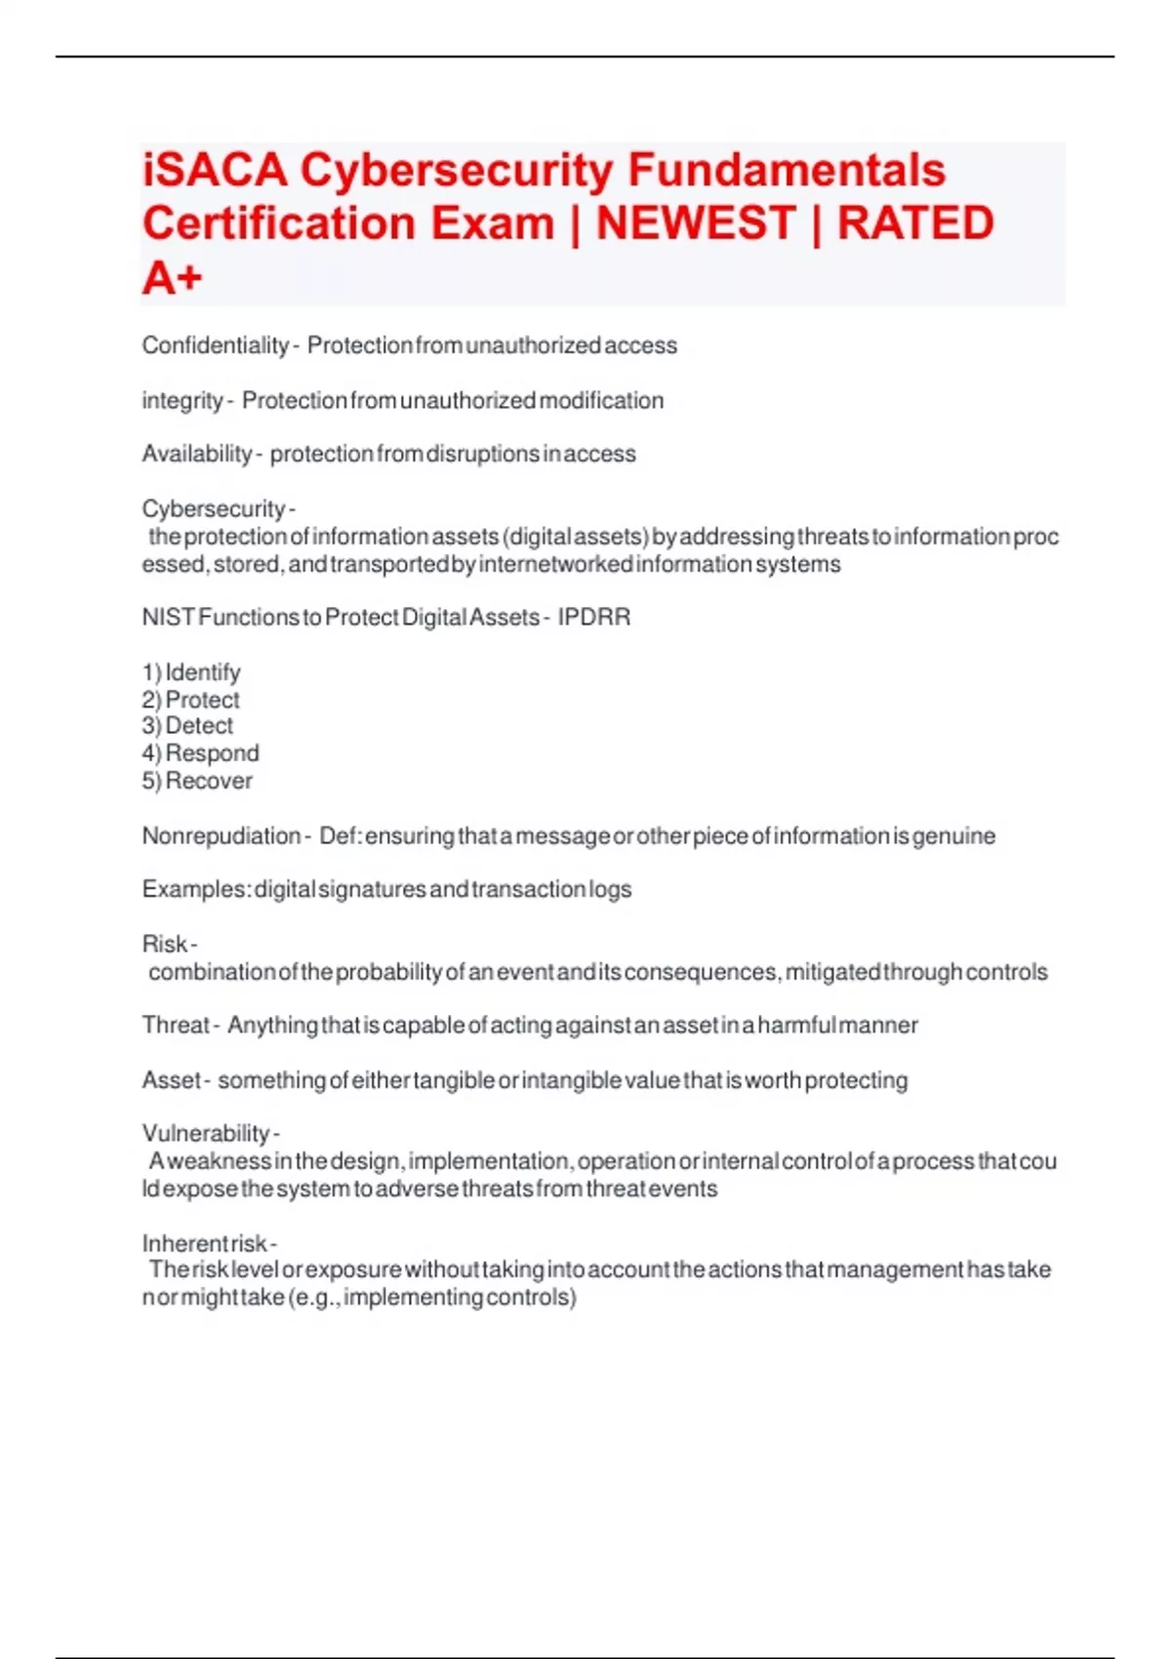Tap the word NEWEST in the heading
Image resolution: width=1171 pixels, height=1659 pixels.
(696, 223)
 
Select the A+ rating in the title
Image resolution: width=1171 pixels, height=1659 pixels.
(173, 278)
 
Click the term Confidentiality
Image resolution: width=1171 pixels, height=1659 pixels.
(215, 345)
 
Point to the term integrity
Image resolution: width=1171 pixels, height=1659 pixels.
(182, 400)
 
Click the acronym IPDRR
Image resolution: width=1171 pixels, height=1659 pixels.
(594, 618)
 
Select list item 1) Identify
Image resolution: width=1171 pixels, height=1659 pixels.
(191, 672)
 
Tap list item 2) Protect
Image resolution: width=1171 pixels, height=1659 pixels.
(191, 700)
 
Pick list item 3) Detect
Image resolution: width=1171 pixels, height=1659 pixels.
(188, 726)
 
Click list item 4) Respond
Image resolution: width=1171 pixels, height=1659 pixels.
(201, 753)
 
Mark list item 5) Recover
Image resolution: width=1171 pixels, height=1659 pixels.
(197, 781)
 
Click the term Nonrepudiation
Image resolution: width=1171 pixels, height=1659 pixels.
(222, 836)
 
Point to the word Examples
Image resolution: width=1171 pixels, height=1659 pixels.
(195, 890)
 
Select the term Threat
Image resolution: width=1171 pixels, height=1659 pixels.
(176, 1026)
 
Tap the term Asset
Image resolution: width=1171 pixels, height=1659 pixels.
(171, 1080)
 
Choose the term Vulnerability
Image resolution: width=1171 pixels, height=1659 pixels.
(206, 1133)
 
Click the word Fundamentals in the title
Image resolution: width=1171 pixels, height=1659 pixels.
(787, 170)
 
